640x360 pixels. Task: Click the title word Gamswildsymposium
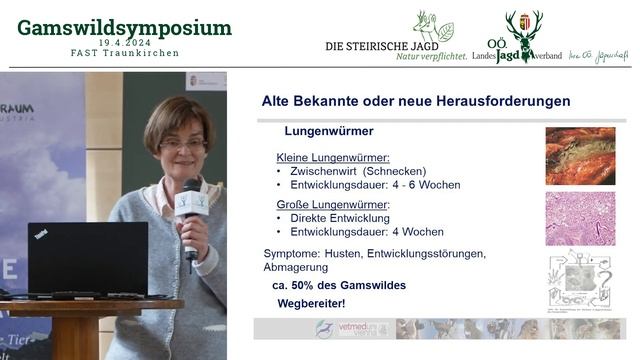[124, 28]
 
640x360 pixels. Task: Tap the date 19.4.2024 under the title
[125, 44]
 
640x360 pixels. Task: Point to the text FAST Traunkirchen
[124, 54]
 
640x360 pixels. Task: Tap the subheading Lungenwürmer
[329, 131]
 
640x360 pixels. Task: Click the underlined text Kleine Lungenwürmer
[333, 157]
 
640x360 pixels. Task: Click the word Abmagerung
[296, 267]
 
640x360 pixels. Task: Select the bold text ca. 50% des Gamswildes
[339, 285]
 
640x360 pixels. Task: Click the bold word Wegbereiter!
[311, 303]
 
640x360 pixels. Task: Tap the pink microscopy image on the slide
[580, 218]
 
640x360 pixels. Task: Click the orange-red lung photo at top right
[580, 156]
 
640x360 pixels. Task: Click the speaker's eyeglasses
[182, 143]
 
